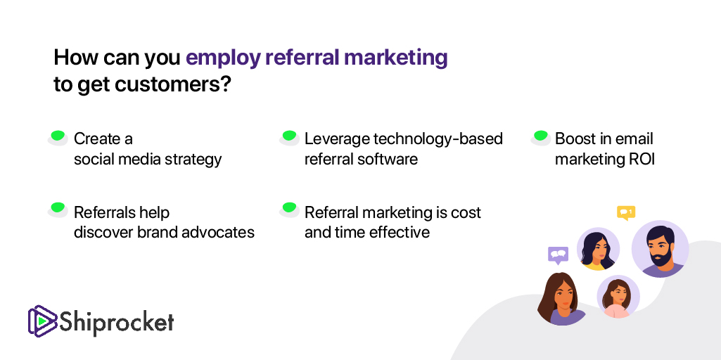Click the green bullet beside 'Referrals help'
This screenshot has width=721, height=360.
coord(58,210)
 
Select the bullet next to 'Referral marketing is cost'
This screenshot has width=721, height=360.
coord(289,210)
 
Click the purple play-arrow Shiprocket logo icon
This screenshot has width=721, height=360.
coord(42,320)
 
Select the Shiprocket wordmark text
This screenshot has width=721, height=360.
coord(117,322)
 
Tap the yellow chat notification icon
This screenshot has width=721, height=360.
coord(626,212)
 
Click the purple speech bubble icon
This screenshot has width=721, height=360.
coord(559,255)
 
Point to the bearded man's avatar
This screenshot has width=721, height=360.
coord(660,248)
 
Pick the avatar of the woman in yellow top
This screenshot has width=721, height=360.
coord(598,249)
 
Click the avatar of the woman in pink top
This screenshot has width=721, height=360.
coord(618,297)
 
